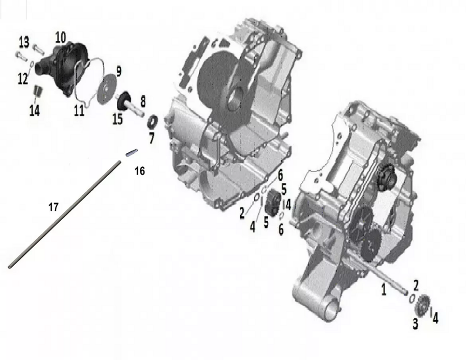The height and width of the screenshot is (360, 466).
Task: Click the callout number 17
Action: coord(53,207)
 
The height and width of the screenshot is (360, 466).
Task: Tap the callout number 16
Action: coord(140,171)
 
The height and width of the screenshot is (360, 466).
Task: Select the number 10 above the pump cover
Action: coord(61,37)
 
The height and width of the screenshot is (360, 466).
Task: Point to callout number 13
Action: coord(24,42)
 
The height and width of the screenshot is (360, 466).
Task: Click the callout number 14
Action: coord(35,110)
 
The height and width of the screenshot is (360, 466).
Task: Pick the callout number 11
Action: coord(79,110)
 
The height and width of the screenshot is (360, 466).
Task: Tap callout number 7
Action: coord(152,138)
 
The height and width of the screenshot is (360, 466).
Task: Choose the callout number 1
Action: coord(384,289)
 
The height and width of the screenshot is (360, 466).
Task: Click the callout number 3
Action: coord(415,323)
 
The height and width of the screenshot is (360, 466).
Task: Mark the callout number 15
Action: coord(118,119)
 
